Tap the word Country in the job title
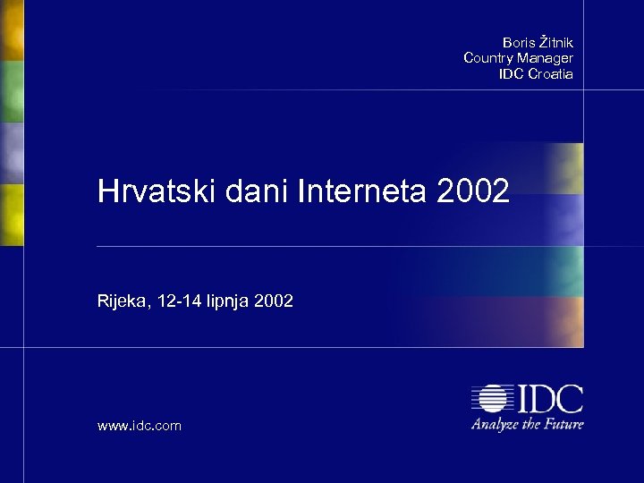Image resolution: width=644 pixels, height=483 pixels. [x=489, y=57]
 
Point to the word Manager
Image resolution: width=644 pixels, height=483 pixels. [x=547, y=57]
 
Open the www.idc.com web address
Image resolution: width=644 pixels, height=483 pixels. [x=140, y=427]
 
